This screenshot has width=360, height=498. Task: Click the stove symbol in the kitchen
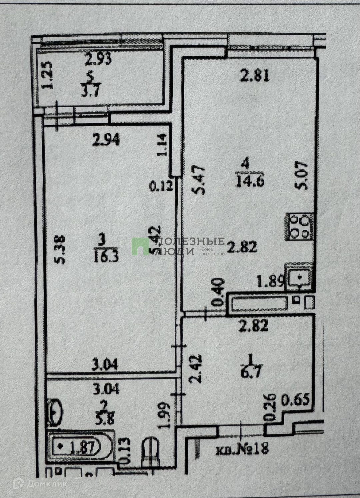pos(299,227)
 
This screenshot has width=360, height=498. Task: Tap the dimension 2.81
pos(255,76)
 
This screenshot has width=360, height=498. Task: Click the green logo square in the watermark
pos(140,247)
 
